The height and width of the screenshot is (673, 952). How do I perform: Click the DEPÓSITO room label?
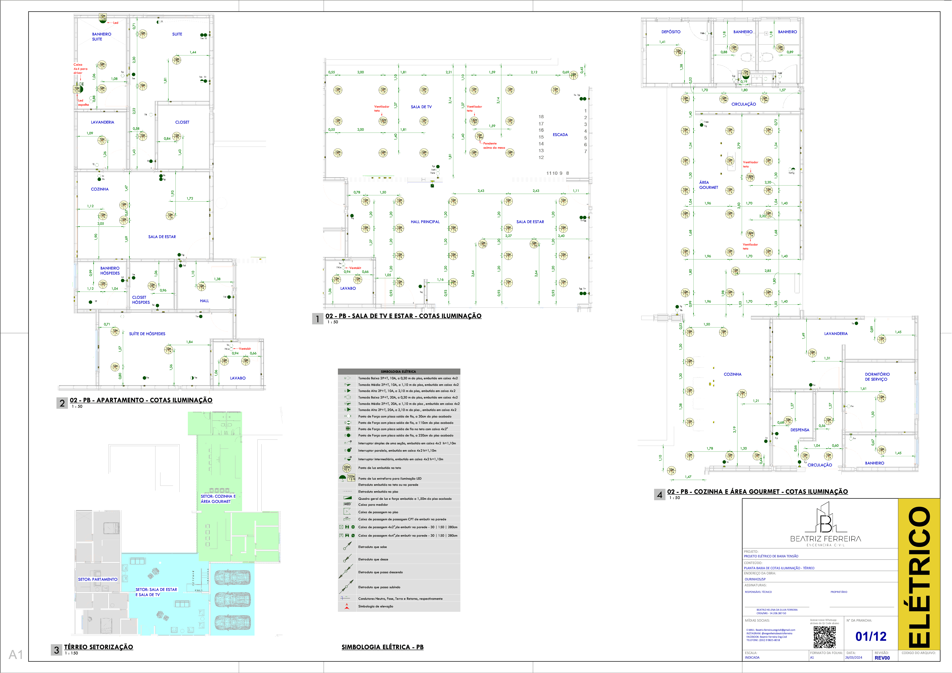point(671,32)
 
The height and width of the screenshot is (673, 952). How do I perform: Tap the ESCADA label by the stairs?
point(560,135)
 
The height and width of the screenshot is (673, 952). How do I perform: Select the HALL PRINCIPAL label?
point(425,222)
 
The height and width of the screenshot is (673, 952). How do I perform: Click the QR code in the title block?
point(824,637)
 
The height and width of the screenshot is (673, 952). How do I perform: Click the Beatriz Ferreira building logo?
point(826,519)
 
